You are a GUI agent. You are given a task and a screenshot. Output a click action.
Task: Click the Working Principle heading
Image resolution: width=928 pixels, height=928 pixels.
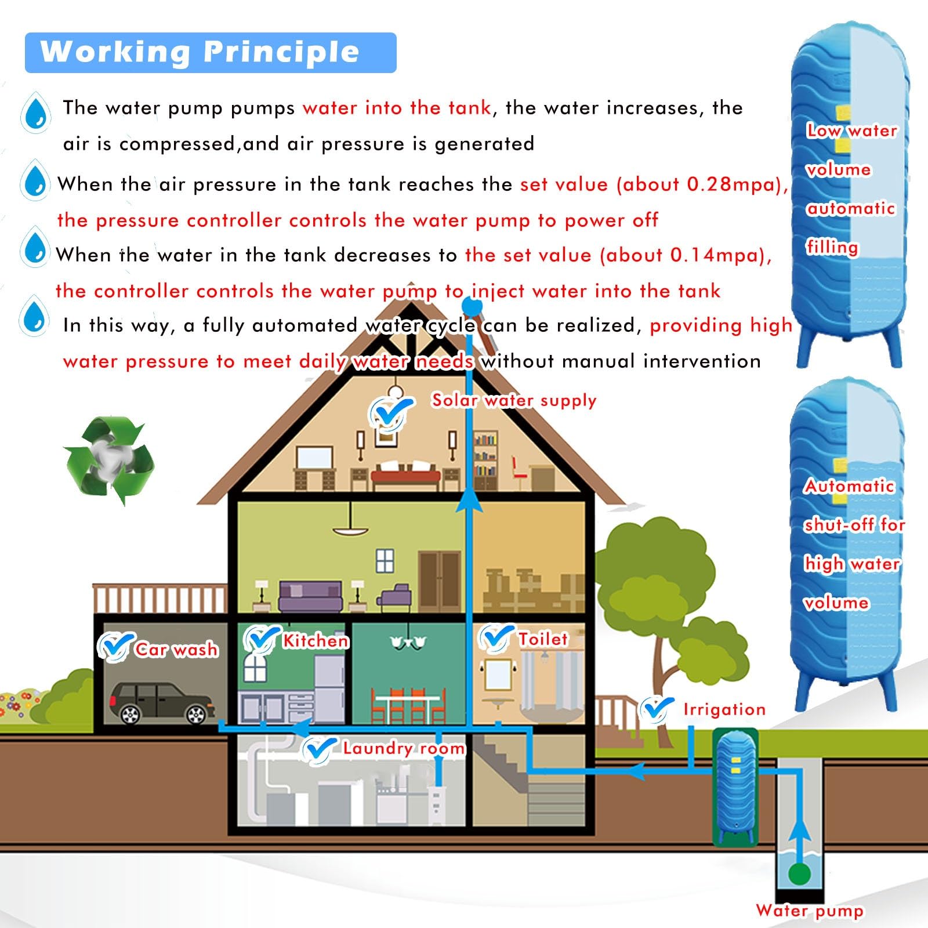pyautogui.click(x=200, y=52)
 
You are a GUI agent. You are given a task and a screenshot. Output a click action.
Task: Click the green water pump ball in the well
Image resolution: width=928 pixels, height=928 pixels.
pyautogui.click(x=799, y=874)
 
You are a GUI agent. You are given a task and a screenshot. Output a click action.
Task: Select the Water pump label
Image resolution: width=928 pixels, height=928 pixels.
pyautogui.click(x=809, y=911)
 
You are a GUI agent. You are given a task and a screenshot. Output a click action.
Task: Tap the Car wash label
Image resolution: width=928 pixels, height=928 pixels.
pyautogui.click(x=176, y=650)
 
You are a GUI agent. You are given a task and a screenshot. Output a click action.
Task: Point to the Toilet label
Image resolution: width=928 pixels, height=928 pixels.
pyautogui.click(x=543, y=639)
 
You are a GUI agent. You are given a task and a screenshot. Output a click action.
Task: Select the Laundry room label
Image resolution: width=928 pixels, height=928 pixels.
pyautogui.click(x=404, y=748)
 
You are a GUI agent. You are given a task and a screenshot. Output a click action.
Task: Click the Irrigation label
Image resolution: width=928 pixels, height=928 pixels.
pyautogui.click(x=724, y=709)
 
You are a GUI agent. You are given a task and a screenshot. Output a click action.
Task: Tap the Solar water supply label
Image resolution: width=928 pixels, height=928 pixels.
pyautogui.click(x=514, y=400)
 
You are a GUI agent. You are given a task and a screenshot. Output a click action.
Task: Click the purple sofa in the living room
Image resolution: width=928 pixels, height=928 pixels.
pyautogui.click(x=310, y=597)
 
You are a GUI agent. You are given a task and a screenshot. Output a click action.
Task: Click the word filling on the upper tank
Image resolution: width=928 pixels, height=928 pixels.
pyautogui.click(x=832, y=247)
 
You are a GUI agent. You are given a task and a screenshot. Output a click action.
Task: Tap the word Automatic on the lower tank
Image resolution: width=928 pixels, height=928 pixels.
pyautogui.click(x=849, y=486)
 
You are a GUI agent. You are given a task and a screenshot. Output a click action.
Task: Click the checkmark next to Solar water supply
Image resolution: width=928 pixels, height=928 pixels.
pyautogui.click(x=391, y=412)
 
